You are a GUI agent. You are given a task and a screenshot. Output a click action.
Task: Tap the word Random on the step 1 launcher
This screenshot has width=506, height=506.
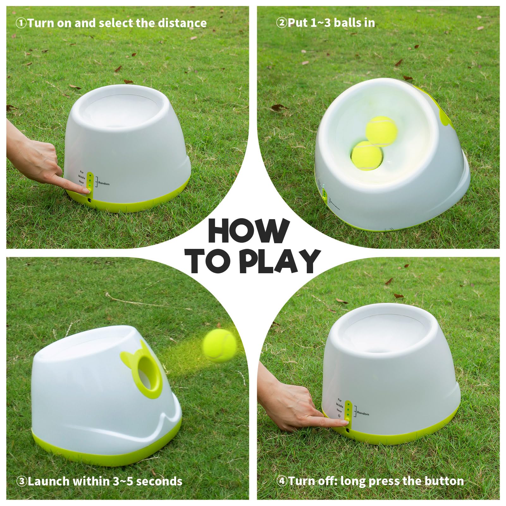[104, 183]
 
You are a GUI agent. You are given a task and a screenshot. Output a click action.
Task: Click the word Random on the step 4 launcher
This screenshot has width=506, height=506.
[363, 413]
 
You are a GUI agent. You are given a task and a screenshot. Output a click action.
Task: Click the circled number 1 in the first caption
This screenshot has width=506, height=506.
[21, 23]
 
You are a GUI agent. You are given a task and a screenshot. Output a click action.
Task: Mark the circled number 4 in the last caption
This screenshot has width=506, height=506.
[281, 481]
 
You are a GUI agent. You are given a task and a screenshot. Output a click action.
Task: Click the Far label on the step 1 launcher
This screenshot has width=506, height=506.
[82, 172]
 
